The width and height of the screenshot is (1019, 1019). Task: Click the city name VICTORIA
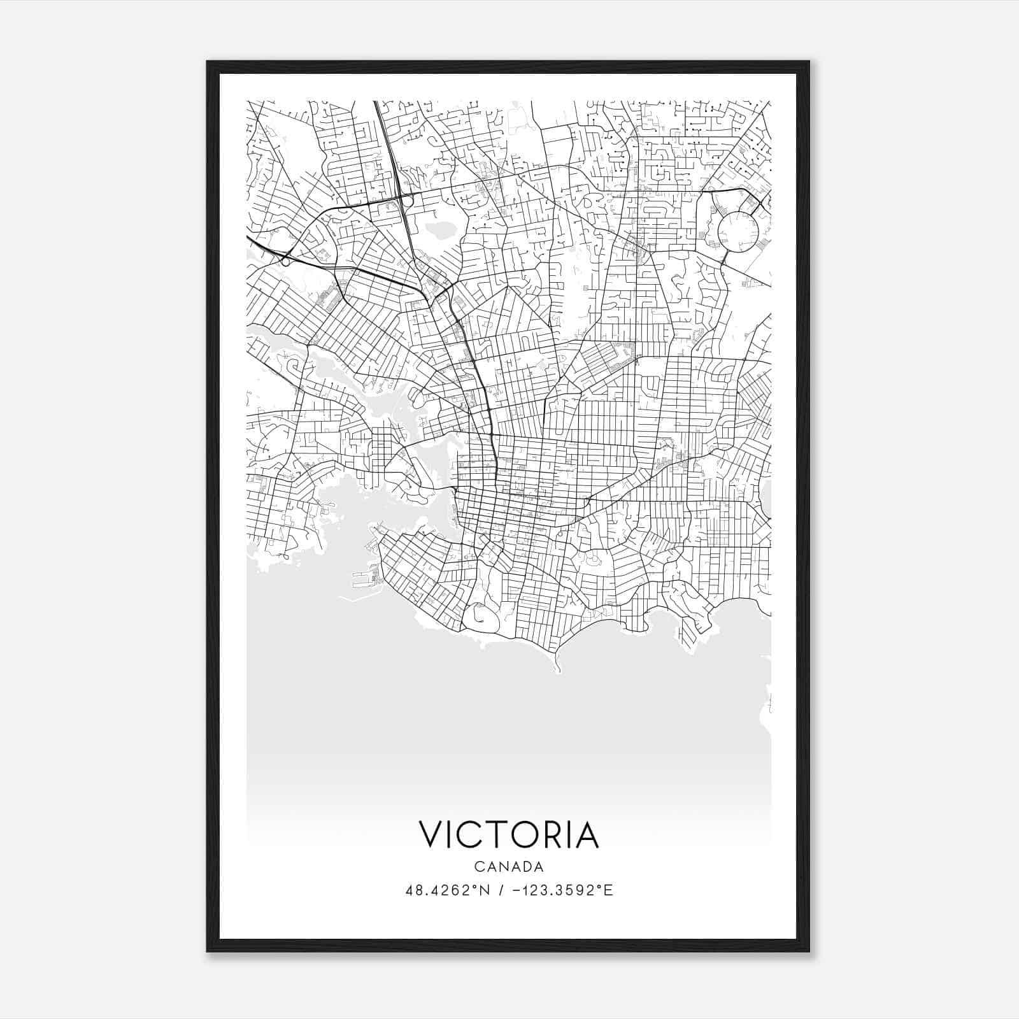[509, 835]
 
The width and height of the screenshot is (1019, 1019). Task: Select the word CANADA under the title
[509, 867]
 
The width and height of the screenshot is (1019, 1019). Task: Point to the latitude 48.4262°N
[448, 890]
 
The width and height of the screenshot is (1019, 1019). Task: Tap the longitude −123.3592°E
[566, 890]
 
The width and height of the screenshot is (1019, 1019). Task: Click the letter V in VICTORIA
[429, 835]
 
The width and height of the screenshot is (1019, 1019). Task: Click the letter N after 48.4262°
[485, 890]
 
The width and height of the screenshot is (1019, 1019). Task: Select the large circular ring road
[739, 231]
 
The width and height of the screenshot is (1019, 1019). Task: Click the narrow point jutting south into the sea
[558, 666]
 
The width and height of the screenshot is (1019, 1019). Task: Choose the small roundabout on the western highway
[285, 261]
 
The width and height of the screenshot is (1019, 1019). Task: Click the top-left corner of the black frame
[208, 62]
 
